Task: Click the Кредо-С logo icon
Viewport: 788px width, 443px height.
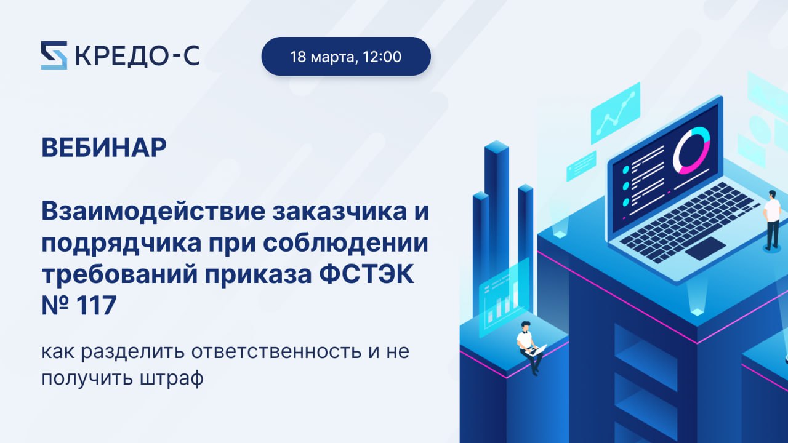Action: click(54, 55)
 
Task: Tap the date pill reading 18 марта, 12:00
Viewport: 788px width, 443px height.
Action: click(346, 56)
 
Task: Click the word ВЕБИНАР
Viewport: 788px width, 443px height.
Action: click(104, 148)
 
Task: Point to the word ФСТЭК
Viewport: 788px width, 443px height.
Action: click(366, 274)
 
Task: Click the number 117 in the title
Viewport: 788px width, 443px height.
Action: click(95, 305)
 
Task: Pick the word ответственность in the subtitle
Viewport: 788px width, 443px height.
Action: click(276, 351)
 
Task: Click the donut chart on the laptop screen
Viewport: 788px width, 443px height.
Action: click(691, 151)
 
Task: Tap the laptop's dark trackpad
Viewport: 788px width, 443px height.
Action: click(706, 249)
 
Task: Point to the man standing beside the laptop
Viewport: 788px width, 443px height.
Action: click(772, 220)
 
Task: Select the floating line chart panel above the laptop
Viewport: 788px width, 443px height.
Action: click(615, 113)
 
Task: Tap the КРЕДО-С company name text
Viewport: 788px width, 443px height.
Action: click(137, 55)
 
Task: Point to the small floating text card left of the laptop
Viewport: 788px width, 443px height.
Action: click(581, 166)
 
